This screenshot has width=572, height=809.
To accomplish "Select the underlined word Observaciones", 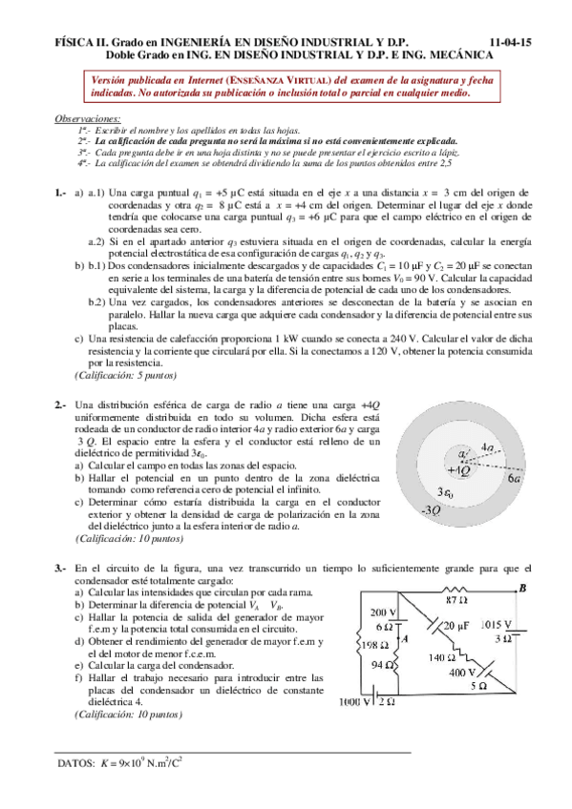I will pyautogui.click(x=81, y=117).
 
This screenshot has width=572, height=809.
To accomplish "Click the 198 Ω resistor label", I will pyautogui.click(x=366, y=645).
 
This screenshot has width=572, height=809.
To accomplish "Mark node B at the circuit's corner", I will pyautogui.click(x=521, y=590).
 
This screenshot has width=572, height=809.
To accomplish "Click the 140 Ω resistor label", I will pyautogui.click(x=442, y=657).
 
